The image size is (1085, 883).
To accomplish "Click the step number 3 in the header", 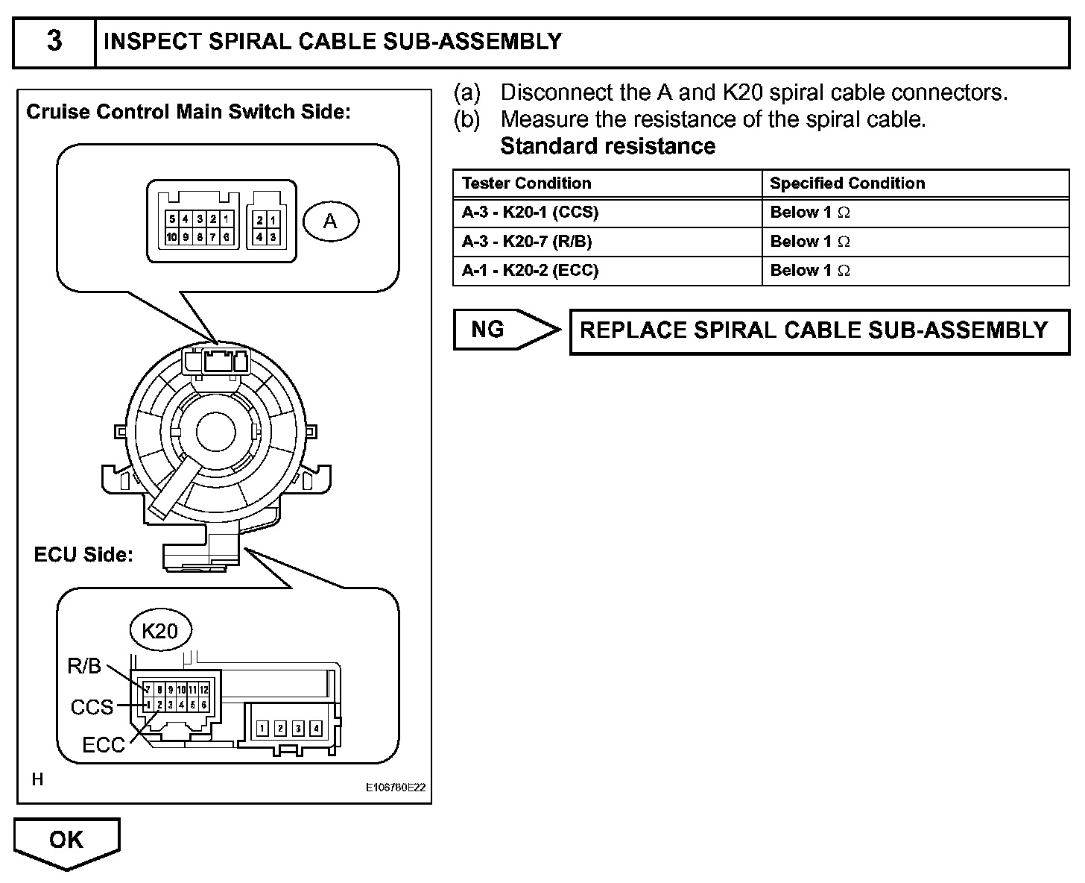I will click(x=54, y=41).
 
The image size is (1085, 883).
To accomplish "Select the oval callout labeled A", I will click(x=330, y=221).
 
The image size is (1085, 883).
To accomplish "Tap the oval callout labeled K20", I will click(x=159, y=631).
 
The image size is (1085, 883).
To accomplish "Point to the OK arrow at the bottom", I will click(x=66, y=841).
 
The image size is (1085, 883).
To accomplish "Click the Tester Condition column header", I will click(x=526, y=183).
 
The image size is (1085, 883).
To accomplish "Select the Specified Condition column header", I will click(x=847, y=183).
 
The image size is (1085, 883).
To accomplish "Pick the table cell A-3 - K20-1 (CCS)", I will click(x=530, y=213).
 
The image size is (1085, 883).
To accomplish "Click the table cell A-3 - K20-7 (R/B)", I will click(x=527, y=242).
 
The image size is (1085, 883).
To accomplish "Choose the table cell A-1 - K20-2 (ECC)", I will click(x=530, y=271).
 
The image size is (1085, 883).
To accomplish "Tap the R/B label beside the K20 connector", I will click(x=84, y=666).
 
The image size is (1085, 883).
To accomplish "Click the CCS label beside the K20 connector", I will click(x=92, y=706).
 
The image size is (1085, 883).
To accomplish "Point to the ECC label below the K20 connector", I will click(x=104, y=745).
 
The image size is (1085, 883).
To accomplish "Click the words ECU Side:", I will click(x=83, y=555).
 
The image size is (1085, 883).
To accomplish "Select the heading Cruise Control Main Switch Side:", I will click(x=188, y=113).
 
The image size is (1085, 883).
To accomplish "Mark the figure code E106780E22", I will click(x=396, y=787).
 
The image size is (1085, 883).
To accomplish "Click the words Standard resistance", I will click(x=607, y=146).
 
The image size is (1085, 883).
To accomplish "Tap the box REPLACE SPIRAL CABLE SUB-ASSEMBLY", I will click(x=814, y=330).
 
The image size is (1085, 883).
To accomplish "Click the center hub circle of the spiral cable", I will click(x=216, y=430).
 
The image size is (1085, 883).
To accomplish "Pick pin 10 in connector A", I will click(x=172, y=237).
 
